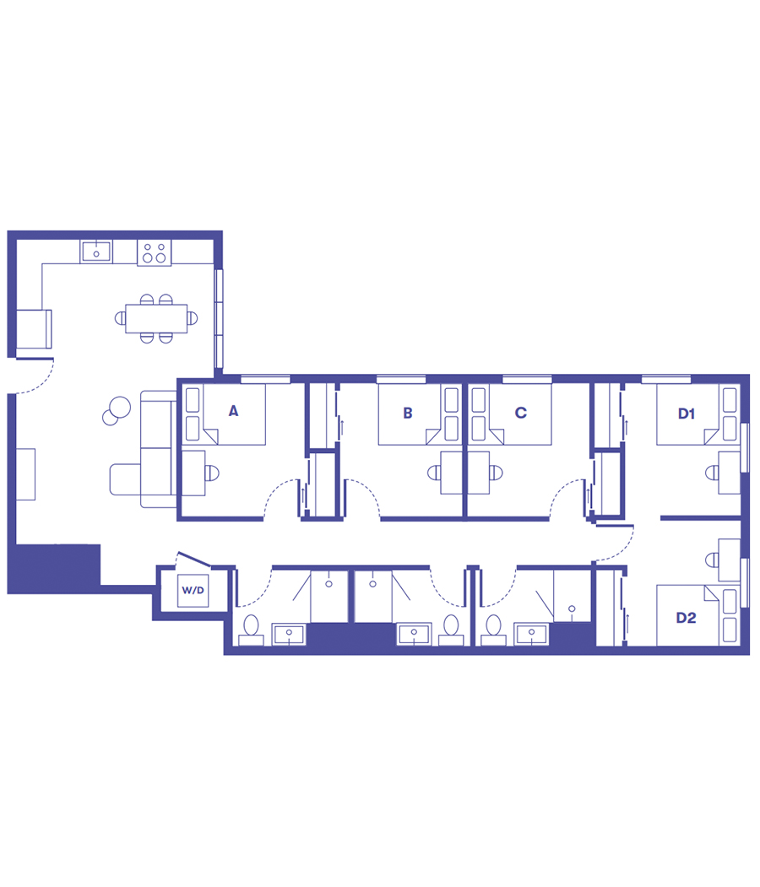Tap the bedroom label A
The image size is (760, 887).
click(x=234, y=411)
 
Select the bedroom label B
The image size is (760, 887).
click(x=408, y=413)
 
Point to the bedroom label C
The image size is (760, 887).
click(x=520, y=413)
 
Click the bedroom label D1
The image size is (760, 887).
click(x=686, y=413)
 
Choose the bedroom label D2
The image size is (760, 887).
click(x=686, y=618)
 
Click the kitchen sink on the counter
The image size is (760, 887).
click(x=96, y=251)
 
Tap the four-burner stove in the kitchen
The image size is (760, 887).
click(x=154, y=251)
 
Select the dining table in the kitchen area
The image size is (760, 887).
click(x=156, y=318)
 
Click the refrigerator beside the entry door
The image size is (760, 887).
click(x=34, y=329)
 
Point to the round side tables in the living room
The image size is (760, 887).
click(x=115, y=410)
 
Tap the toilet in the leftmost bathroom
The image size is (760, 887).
click(x=251, y=630)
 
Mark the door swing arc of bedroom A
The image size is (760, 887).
click(x=278, y=498)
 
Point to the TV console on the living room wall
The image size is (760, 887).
click(x=25, y=473)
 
